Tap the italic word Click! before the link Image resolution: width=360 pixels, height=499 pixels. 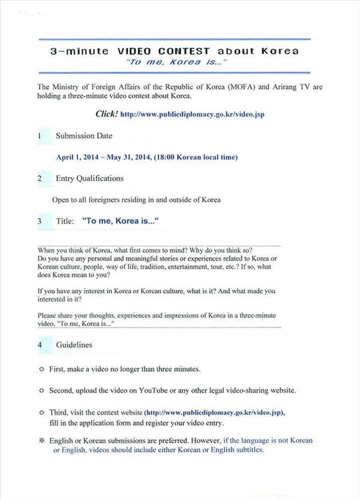[106, 113]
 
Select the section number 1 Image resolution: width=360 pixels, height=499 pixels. [40, 136]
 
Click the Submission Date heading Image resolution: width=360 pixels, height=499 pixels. [84, 136]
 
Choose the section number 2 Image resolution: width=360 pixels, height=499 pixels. [40, 178]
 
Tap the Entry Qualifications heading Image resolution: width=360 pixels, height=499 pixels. [89, 178]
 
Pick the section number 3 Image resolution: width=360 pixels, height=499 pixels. [40, 221]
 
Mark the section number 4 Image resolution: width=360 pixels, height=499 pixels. [40, 345]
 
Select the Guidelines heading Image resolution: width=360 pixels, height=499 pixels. [74, 345]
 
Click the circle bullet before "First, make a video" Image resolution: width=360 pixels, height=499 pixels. [41, 369]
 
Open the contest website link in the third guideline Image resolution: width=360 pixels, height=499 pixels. [214, 413]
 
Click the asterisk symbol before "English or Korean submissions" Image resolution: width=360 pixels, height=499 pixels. [41, 441]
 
